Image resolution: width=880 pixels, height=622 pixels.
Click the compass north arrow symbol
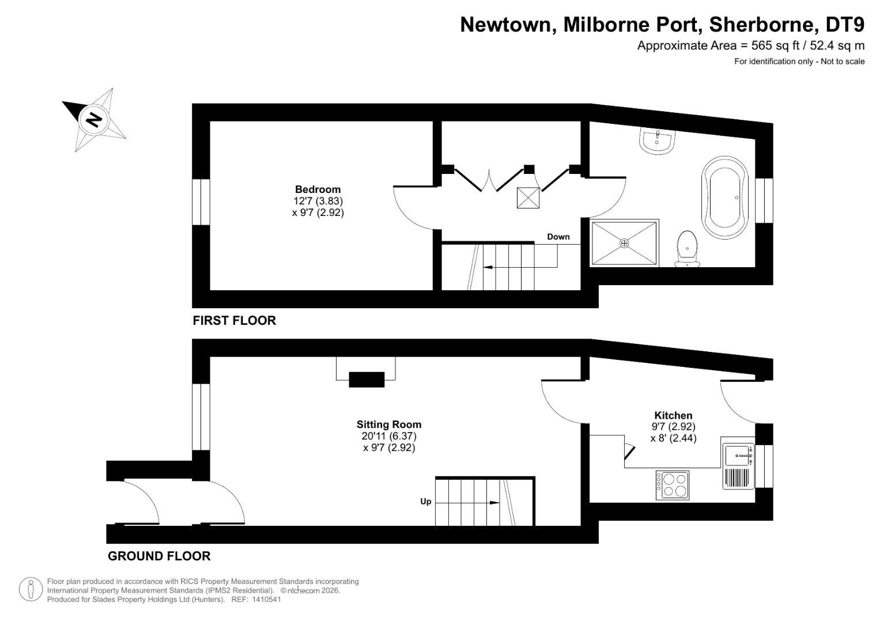[x=93, y=120]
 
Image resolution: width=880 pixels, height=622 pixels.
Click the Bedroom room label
[x=318, y=189]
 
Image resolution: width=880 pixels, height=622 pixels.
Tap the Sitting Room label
[x=388, y=424]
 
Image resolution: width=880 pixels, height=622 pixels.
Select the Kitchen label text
[x=673, y=415]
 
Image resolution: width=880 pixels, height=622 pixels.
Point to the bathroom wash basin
[x=657, y=140]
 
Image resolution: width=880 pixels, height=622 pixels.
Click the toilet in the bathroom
[x=687, y=249]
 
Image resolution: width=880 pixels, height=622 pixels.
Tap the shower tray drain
[x=624, y=243]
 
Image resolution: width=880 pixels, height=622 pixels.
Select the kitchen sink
[x=738, y=456]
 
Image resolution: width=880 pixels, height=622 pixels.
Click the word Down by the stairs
[x=558, y=237]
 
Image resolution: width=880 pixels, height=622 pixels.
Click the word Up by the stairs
[x=425, y=502]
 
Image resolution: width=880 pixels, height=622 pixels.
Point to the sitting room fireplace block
[x=367, y=380]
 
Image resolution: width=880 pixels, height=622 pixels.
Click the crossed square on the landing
[x=528, y=198]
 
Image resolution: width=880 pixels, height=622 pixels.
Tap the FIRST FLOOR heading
[x=234, y=321]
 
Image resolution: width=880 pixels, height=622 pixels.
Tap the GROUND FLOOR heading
[x=159, y=556]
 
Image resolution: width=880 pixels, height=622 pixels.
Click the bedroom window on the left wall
[x=201, y=202]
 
